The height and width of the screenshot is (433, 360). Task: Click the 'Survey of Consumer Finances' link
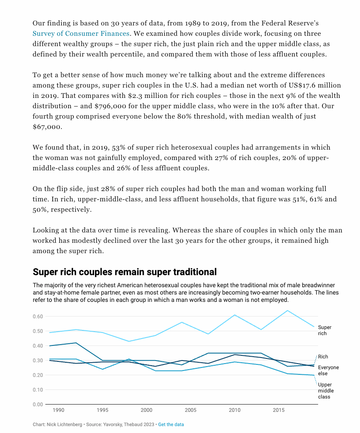click(81, 34)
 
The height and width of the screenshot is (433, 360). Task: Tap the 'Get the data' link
click(171, 424)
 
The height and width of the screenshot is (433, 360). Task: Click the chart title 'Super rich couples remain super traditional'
click(125, 272)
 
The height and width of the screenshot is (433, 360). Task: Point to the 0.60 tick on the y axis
click(38, 317)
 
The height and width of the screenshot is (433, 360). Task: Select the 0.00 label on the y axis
click(38, 405)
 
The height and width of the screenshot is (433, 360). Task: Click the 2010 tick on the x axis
click(234, 410)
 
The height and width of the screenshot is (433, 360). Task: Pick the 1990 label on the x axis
click(59, 410)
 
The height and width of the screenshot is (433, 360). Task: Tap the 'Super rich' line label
click(325, 330)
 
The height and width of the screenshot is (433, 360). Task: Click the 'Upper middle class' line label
click(325, 390)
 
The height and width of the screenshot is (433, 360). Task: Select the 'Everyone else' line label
click(328, 370)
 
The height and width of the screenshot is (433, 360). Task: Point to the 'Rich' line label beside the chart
click(323, 357)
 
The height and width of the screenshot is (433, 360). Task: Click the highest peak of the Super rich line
click(287, 311)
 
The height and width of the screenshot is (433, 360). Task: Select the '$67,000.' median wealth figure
click(47, 127)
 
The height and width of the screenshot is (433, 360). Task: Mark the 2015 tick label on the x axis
click(278, 410)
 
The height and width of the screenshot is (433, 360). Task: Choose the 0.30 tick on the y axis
click(38, 361)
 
